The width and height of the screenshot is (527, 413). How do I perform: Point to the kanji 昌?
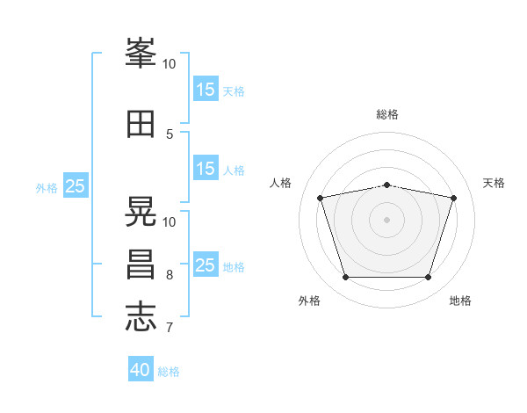click(141, 264)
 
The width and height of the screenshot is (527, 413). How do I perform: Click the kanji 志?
click(141, 316)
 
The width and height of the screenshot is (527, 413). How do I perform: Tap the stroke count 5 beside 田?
click(170, 134)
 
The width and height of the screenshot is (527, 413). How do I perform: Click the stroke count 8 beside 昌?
click(170, 275)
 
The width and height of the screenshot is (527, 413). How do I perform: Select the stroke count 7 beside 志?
click(170, 328)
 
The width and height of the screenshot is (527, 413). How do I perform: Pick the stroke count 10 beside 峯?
click(170, 64)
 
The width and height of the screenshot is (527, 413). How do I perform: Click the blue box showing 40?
click(141, 370)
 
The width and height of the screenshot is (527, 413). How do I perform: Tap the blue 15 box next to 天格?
click(206, 90)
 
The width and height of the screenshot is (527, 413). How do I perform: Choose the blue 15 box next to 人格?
click(206, 169)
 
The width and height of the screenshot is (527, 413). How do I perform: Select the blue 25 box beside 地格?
click(206, 265)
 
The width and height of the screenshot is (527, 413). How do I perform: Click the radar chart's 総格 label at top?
click(387, 114)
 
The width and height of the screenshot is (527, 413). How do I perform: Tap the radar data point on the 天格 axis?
click(453, 198)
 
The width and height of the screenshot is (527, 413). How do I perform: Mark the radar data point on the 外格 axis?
click(346, 278)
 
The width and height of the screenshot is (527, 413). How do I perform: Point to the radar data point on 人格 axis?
click(321, 198)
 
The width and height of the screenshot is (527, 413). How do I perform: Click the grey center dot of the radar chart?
click(387, 219)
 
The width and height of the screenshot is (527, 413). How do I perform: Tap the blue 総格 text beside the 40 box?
click(169, 372)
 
